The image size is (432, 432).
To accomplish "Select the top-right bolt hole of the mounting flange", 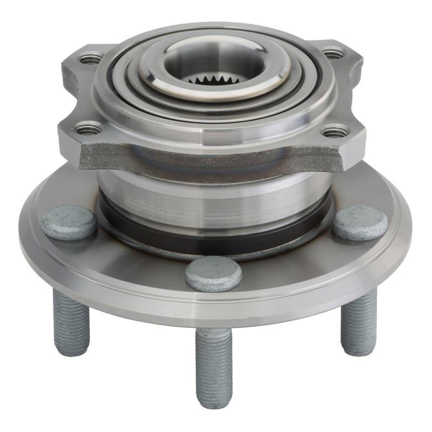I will (x=333, y=53).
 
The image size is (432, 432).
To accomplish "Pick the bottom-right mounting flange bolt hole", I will (x=335, y=131).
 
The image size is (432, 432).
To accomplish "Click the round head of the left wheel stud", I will (x=69, y=222).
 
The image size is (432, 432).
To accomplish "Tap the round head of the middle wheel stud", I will (x=213, y=274).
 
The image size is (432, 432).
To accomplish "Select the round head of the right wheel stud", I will (x=360, y=222).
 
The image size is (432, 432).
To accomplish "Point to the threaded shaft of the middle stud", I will (x=214, y=367).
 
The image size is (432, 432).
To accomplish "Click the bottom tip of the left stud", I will (x=72, y=353).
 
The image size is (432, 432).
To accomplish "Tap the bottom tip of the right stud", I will (x=360, y=353).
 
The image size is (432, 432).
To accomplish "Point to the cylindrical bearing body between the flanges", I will (x=216, y=197).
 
